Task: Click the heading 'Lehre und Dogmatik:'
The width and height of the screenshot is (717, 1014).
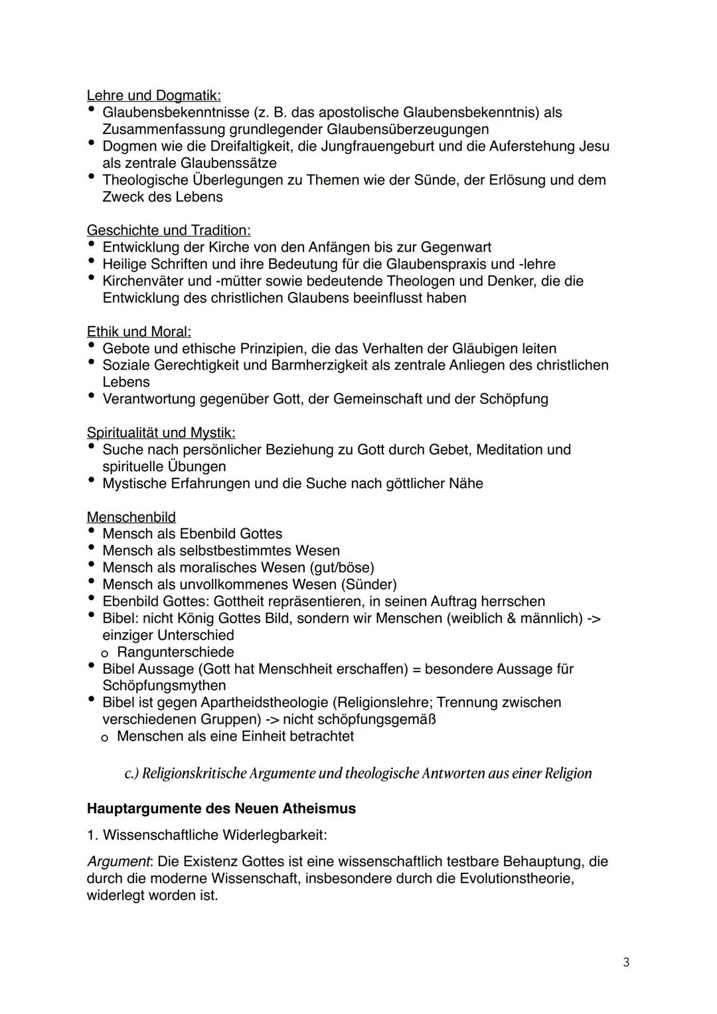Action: tap(154, 96)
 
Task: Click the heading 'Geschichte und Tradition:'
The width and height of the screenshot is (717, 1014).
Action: tap(169, 230)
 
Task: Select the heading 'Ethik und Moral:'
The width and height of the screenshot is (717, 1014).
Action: tap(139, 332)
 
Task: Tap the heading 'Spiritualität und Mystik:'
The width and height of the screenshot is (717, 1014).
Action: tap(161, 433)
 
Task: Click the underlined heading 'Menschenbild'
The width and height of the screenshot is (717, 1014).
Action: tap(131, 517)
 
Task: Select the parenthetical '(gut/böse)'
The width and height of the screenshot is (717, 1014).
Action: tap(340, 567)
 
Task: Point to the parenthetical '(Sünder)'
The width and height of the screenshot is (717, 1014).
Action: tap(368, 585)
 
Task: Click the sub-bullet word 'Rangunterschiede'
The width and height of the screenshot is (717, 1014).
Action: tap(175, 652)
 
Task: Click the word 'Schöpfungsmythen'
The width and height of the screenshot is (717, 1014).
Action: tap(164, 686)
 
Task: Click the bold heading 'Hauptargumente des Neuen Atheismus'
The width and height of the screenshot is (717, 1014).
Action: tap(221, 809)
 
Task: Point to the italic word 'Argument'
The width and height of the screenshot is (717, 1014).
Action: tap(118, 861)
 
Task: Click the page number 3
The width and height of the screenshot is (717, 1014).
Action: tap(626, 962)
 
